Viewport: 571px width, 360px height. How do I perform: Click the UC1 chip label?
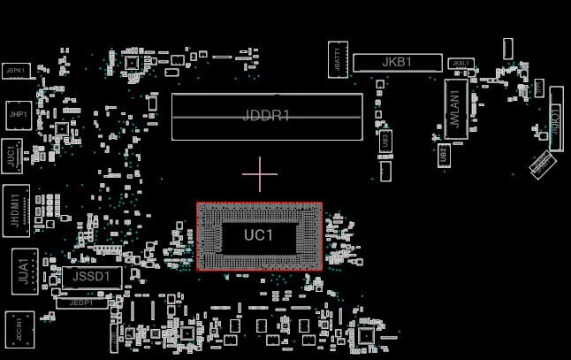[x=259, y=236]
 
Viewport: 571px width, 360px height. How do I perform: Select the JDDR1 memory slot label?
[x=266, y=116]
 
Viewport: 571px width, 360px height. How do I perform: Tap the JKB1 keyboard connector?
[x=397, y=63]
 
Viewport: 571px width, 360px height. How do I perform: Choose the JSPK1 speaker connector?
[x=16, y=69]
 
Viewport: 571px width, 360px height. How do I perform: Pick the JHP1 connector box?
[x=17, y=113]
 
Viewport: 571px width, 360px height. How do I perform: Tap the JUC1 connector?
[x=12, y=157]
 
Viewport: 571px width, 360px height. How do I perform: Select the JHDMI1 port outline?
[x=16, y=208]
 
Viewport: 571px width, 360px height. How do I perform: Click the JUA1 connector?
[x=21, y=270]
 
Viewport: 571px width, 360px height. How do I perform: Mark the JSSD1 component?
[x=91, y=277]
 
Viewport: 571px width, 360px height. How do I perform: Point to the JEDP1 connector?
[x=81, y=303]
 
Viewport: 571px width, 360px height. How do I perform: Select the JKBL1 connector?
[x=460, y=65]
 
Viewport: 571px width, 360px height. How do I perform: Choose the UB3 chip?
[x=384, y=140]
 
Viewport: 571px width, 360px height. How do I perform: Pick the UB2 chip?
[x=444, y=154]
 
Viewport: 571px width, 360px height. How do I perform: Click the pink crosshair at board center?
[x=259, y=174]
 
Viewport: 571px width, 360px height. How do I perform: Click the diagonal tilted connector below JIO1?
[x=540, y=164]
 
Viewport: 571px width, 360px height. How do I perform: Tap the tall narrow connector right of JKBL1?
[x=508, y=49]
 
